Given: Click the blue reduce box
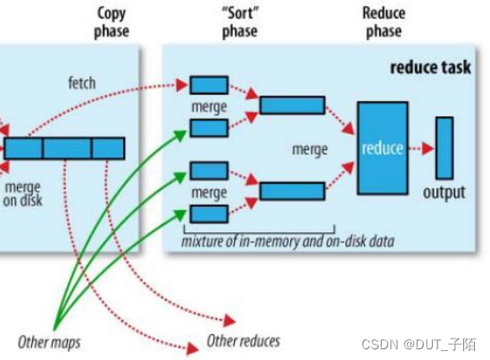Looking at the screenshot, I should pos(382,147).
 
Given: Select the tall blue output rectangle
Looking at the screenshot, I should pos(444,147).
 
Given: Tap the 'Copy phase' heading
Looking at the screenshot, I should pos(112,22).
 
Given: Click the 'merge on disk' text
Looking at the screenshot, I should pos(22,194).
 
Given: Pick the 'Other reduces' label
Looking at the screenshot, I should pos(243,340).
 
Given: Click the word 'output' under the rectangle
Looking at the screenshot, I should pos(444,193).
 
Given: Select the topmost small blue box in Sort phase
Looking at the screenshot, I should pos(209,85).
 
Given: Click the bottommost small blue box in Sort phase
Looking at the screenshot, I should pos(209,213).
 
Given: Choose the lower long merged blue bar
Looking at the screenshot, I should pos(292,190).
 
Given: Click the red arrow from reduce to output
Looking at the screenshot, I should pos(421,147).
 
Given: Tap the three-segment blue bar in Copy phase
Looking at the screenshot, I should pos(64,147).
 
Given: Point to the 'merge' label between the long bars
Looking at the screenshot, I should pos(310,149).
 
